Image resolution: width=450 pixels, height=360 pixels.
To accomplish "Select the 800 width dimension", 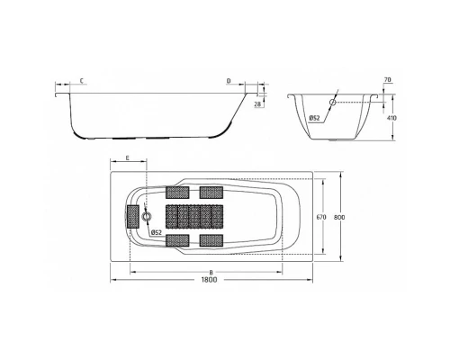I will pos(339,218).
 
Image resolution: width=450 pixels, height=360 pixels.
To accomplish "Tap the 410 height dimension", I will pos(391,117).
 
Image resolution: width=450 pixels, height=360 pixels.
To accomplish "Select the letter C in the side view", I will pos(82,81).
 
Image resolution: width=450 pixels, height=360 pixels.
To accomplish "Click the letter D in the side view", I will pos(229,81).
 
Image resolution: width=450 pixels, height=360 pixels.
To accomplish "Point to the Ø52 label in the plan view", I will pos(155,233).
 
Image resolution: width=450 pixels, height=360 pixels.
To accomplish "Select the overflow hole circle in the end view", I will pos(333,103).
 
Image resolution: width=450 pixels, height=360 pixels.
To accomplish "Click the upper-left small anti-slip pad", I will pos(176,192).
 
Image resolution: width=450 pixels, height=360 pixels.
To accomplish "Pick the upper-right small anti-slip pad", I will pos(211,192).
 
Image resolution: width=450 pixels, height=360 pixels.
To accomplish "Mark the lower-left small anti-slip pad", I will pos(176,239).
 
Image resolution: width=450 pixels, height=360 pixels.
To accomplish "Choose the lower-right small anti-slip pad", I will pos(211,239).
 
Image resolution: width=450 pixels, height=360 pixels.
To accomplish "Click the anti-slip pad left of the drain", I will pos(133,216).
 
